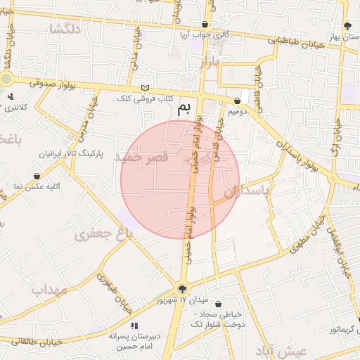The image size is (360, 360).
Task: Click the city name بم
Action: (184, 109)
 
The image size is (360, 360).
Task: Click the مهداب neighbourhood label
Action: (46, 289)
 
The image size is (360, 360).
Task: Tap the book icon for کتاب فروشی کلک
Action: (146, 86)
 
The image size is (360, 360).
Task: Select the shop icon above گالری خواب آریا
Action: (205, 25)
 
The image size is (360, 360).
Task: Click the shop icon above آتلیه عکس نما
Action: (37, 176)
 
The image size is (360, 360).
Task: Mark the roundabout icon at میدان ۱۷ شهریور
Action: (183, 288)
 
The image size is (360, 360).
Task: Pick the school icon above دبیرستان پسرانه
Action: (134, 326)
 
